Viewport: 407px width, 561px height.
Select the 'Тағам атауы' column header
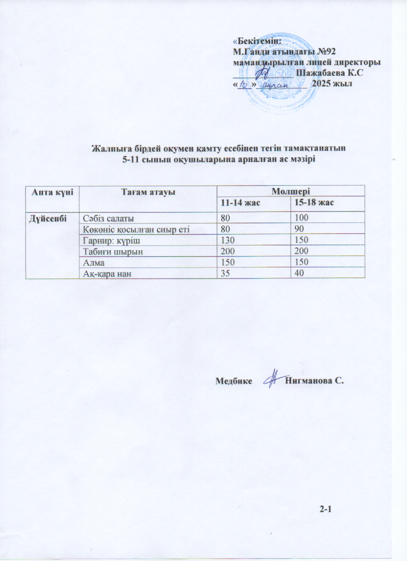click(x=147, y=192)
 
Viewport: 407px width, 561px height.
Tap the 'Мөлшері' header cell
click(x=290, y=192)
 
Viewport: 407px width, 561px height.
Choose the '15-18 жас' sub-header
click(x=312, y=203)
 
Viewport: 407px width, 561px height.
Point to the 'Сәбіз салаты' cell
click(x=105, y=218)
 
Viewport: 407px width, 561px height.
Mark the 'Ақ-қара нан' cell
click(x=104, y=273)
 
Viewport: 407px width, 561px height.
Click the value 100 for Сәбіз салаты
click(x=301, y=218)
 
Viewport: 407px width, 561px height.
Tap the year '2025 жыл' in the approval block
click(x=332, y=83)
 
